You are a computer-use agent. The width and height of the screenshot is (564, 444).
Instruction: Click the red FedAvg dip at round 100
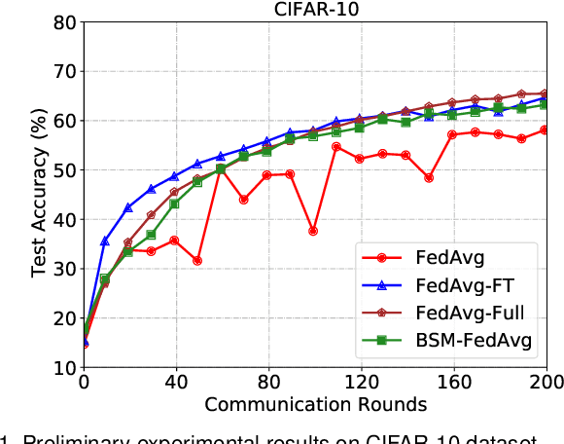(x=313, y=231)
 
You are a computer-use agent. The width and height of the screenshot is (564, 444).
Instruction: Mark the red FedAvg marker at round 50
(x=197, y=260)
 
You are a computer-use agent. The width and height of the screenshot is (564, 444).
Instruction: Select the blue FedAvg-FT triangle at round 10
(x=106, y=240)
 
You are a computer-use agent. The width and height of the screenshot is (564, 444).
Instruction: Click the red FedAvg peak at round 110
(x=336, y=146)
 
